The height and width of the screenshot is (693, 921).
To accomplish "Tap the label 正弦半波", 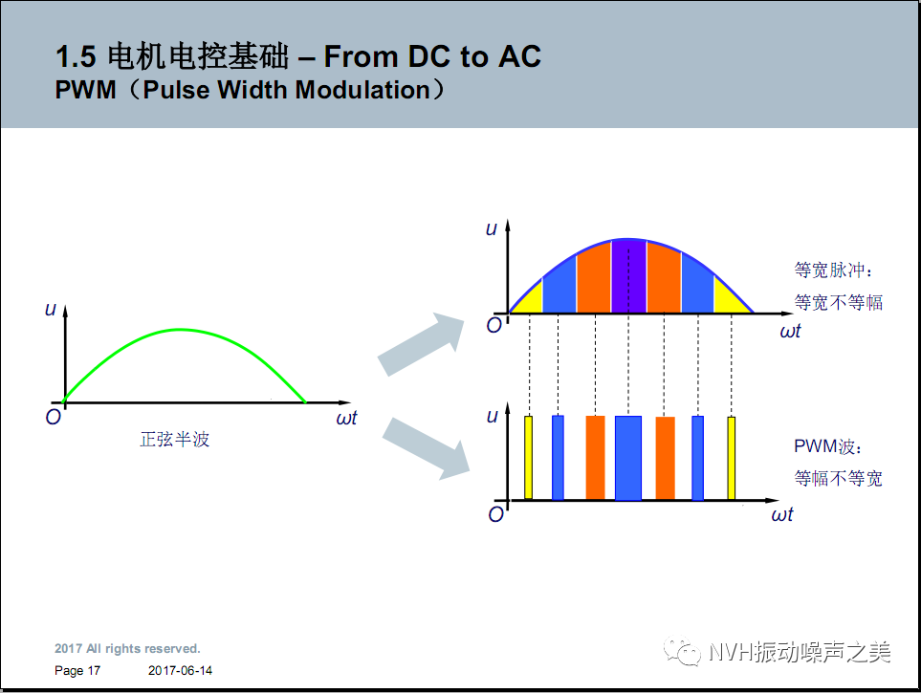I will coord(175,440).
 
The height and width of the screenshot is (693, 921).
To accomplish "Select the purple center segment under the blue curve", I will coord(628,276).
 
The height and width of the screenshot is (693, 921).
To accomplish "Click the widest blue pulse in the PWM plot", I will coord(628,458).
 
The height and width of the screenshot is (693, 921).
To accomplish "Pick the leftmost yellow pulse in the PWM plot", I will coord(528,458).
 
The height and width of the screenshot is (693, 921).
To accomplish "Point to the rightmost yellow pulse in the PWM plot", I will coord(732,458).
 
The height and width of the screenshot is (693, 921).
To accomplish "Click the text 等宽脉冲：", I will coord(834,271).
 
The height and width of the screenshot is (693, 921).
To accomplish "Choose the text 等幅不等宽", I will coord(839,478).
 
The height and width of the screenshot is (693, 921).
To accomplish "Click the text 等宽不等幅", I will coord(839,303).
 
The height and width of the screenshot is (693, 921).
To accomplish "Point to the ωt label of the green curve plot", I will coord(346,418).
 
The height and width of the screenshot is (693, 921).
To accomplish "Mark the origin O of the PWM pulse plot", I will coord(495,514).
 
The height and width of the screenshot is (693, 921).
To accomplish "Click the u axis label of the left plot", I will coord(50,308).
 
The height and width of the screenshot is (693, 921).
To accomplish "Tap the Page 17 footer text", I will coord(77,671).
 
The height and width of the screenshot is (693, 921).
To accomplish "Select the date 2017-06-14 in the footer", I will coord(181,671).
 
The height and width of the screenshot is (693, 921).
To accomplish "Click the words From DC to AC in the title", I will coord(432,57).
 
